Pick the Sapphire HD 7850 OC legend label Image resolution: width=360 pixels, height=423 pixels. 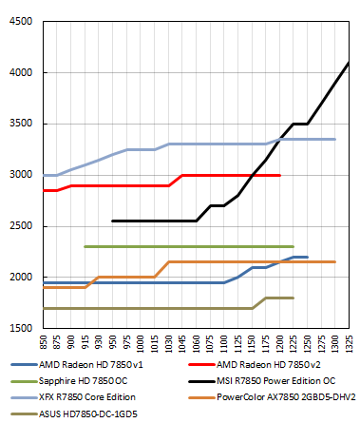[x=90, y=380]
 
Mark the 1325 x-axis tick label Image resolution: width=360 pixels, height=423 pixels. [x=349, y=344]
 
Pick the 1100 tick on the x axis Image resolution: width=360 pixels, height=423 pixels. [x=210, y=344]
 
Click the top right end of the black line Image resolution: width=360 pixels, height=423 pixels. [x=349, y=62]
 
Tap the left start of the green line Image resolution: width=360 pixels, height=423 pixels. [x=85, y=246]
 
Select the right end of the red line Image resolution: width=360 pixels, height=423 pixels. [x=279, y=175]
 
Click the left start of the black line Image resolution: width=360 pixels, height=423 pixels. [x=112, y=221]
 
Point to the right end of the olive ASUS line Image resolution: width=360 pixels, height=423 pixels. [x=294, y=298]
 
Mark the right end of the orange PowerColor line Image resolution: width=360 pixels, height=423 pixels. [x=334, y=261]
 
